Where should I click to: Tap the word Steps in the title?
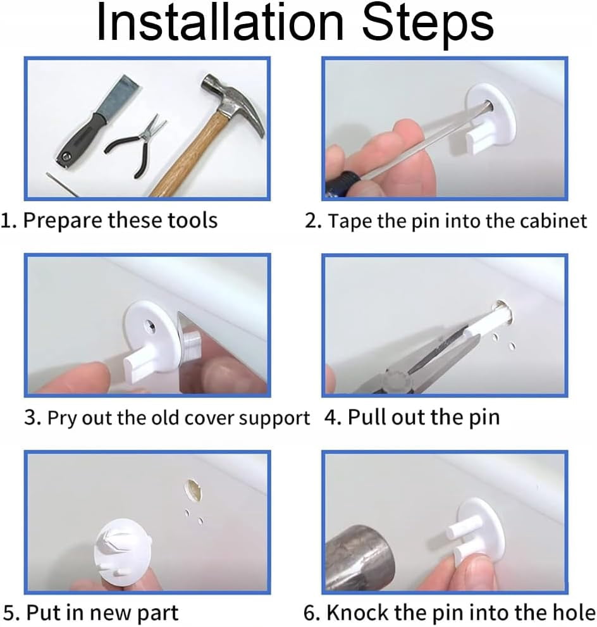point(428,25)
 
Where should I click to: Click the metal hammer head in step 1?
point(231,99)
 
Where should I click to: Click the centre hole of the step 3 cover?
point(151,326)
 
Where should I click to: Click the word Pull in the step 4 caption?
point(366,417)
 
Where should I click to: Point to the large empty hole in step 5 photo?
point(193,490)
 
